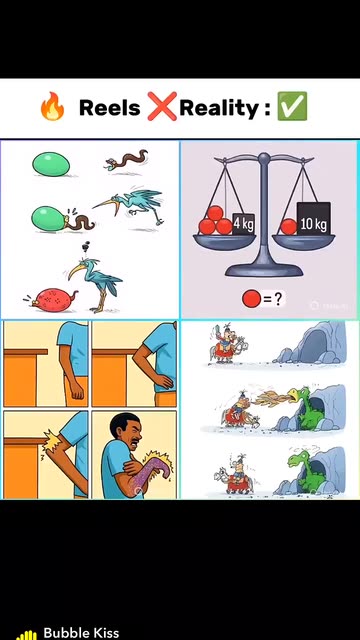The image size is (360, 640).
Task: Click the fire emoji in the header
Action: [x=52, y=108]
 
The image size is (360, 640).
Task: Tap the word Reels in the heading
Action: [x=109, y=108]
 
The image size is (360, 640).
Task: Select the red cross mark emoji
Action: [x=162, y=107]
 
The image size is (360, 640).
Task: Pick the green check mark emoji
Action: [x=292, y=106]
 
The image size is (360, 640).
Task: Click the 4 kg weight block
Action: [x=244, y=224]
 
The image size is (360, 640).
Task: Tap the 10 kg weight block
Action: [x=313, y=218]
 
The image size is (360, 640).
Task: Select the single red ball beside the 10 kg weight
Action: [x=289, y=227]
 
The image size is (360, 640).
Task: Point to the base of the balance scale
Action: [x=264, y=269]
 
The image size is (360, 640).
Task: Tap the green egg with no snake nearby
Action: [x=51, y=164]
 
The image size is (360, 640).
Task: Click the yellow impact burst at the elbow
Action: [x=51, y=441]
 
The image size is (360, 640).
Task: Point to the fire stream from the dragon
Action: [x=271, y=397]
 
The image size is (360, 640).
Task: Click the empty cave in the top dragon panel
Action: [x=312, y=344]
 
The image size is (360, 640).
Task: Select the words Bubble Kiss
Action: [x=81, y=632]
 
